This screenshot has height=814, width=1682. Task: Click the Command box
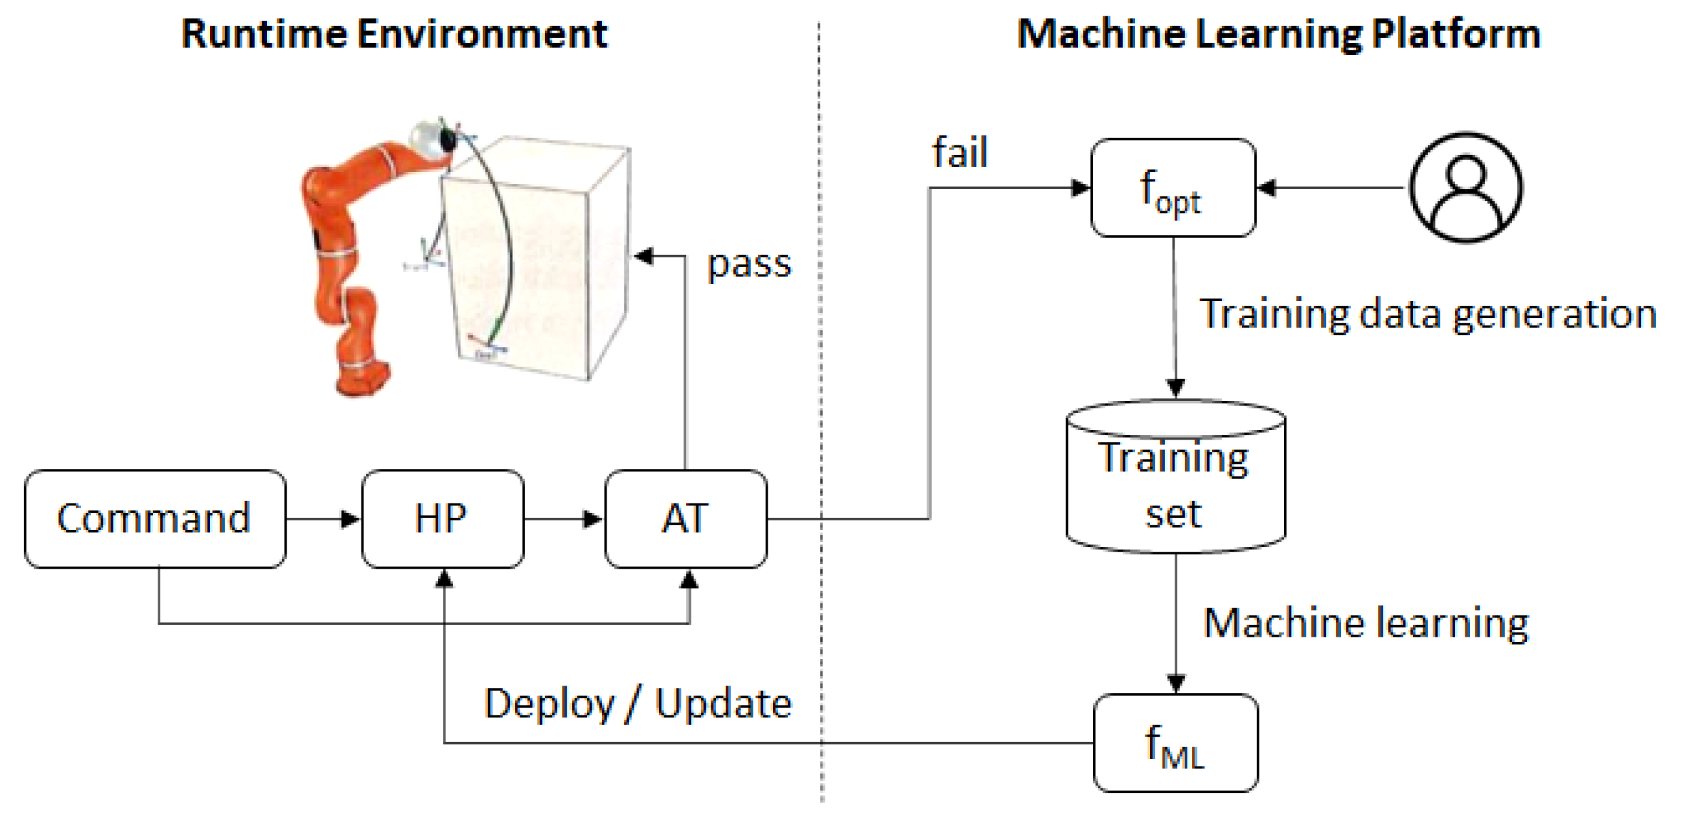[154, 518]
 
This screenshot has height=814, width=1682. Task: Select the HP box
[442, 518]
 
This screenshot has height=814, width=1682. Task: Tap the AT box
[685, 518]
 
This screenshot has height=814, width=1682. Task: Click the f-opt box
[1173, 188]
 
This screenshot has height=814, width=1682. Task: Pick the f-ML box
[1175, 743]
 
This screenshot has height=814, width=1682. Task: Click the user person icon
[1465, 188]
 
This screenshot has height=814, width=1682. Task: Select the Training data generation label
[1427, 314]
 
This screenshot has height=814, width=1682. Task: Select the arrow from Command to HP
[323, 519]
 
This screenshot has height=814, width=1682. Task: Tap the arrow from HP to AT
[564, 519]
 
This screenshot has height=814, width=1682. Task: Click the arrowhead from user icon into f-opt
[1266, 188]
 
